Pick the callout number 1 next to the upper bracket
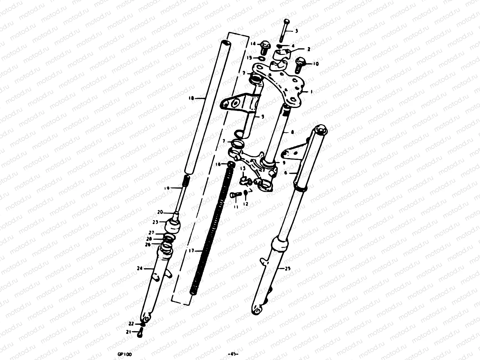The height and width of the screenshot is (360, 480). pyautogui.click(x=311, y=92)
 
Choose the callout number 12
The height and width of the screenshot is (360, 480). pyautogui.click(x=246, y=204)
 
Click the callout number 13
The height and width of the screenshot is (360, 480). pyautogui.click(x=243, y=169)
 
